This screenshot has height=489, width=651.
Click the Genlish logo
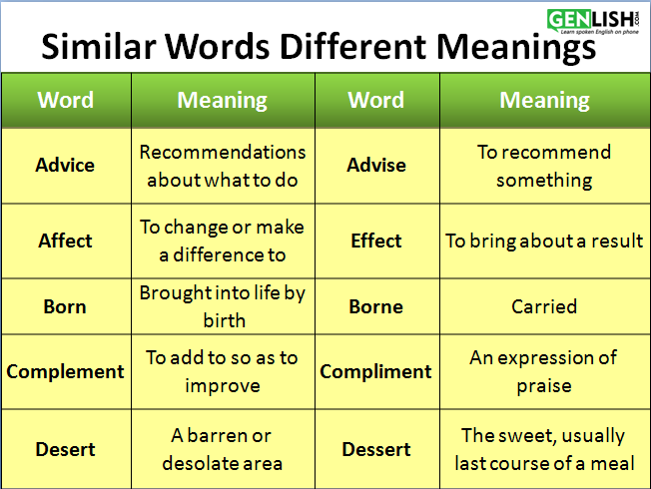(593, 21)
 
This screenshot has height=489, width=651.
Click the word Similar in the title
(99, 46)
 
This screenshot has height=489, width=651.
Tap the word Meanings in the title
(516, 48)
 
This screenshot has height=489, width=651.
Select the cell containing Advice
(67, 166)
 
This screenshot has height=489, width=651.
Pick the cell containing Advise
(377, 166)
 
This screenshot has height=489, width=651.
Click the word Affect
(65, 241)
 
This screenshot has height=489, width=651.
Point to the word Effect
(376, 241)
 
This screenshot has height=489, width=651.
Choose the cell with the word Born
(67, 306)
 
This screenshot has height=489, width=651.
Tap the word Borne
(376, 306)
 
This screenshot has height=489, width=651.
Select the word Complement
(65, 372)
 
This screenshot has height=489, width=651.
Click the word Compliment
(375, 372)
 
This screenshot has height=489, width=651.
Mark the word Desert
(65, 449)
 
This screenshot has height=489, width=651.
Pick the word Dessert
(376, 449)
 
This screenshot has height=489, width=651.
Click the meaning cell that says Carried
(544, 306)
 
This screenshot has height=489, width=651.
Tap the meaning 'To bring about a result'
(544, 241)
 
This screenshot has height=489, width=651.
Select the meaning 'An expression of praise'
(544, 372)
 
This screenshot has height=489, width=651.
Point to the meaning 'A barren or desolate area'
(222, 449)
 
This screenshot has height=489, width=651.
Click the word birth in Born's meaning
(225, 321)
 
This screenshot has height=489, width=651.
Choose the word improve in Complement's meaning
(223, 386)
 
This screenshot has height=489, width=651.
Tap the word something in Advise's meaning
(544, 181)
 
